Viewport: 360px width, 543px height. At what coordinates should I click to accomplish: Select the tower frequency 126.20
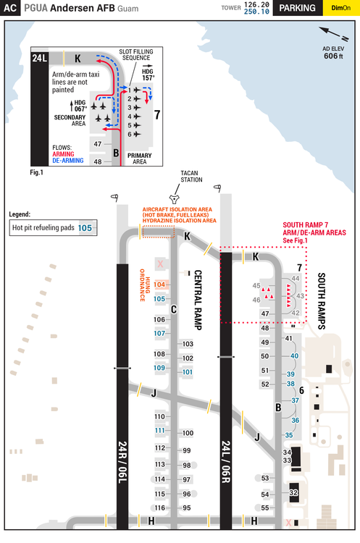tap(256, 4)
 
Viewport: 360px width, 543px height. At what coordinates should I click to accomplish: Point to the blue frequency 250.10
tap(256, 12)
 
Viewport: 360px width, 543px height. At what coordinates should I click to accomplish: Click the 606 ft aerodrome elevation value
tap(332, 56)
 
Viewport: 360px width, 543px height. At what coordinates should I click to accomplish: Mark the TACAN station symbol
tap(173, 197)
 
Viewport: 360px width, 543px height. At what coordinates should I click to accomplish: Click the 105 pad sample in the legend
tap(85, 227)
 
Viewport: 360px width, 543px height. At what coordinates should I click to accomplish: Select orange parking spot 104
tap(160, 285)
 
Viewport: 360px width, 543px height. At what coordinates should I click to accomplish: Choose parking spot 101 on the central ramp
tap(188, 371)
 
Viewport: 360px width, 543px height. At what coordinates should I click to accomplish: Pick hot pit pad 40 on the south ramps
tap(293, 356)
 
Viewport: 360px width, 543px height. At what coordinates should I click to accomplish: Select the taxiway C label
tap(173, 309)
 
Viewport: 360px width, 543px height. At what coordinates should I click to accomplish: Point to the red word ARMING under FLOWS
tap(63, 153)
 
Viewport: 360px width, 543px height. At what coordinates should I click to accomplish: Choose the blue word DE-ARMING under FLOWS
tap(68, 160)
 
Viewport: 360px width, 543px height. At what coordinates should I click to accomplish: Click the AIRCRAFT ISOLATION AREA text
tap(178, 209)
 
